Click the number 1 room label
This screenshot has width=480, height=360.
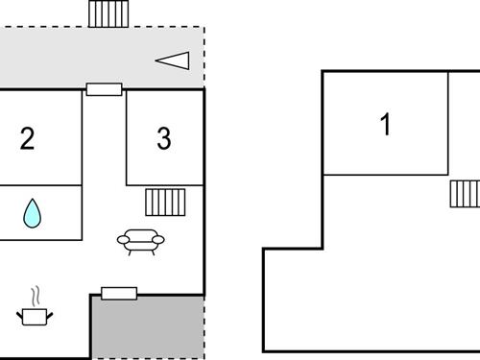coord(386,125)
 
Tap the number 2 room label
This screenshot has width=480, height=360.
coord(27,139)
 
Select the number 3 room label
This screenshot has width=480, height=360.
coord(164,139)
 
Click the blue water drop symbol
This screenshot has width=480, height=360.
coord(33,213)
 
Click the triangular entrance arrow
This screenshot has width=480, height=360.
coord(173,60)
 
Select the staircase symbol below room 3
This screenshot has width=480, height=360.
coord(165,203)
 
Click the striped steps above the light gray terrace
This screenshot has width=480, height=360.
coord(108,13)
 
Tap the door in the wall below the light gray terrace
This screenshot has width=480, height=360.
coord(104,89)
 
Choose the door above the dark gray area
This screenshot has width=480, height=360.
coord(119,293)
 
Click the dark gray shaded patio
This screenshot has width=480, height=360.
coord(147,327)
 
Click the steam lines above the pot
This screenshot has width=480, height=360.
coord(36,292)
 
